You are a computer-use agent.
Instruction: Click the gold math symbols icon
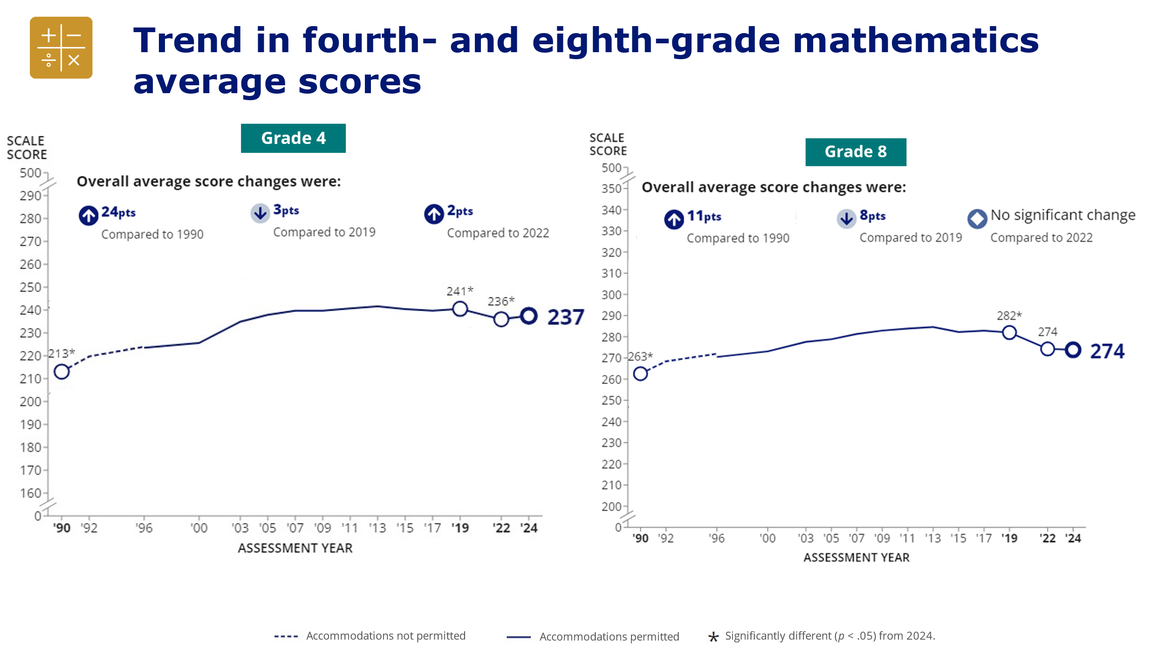coord(61,48)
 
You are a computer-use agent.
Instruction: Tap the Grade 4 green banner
coord(293,138)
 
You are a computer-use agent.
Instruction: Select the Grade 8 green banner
coord(856,152)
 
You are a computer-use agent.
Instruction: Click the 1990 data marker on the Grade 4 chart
coord(62,371)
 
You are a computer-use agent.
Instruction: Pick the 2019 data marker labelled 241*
coord(460,308)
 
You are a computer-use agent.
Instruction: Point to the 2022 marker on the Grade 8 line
coord(1048,349)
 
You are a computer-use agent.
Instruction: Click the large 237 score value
coord(565,317)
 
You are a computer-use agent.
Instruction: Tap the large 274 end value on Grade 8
coord(1107,351)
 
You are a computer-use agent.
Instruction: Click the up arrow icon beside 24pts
coord(88,215)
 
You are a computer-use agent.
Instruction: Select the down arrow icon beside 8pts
coord(846,218)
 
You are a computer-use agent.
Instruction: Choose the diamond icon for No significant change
coord(977,218)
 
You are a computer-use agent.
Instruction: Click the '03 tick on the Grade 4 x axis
coord(240,528)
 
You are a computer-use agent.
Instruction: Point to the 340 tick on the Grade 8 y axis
coord(612,210)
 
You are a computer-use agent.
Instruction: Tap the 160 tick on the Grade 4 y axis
coord(31,493)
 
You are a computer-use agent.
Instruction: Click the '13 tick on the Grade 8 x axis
coord(933,538)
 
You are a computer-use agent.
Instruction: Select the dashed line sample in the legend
coord(286,636)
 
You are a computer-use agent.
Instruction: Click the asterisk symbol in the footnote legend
coord(713,637)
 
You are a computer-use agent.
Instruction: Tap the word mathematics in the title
coord(916,40)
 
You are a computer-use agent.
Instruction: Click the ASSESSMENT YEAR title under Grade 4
coord(295,548)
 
